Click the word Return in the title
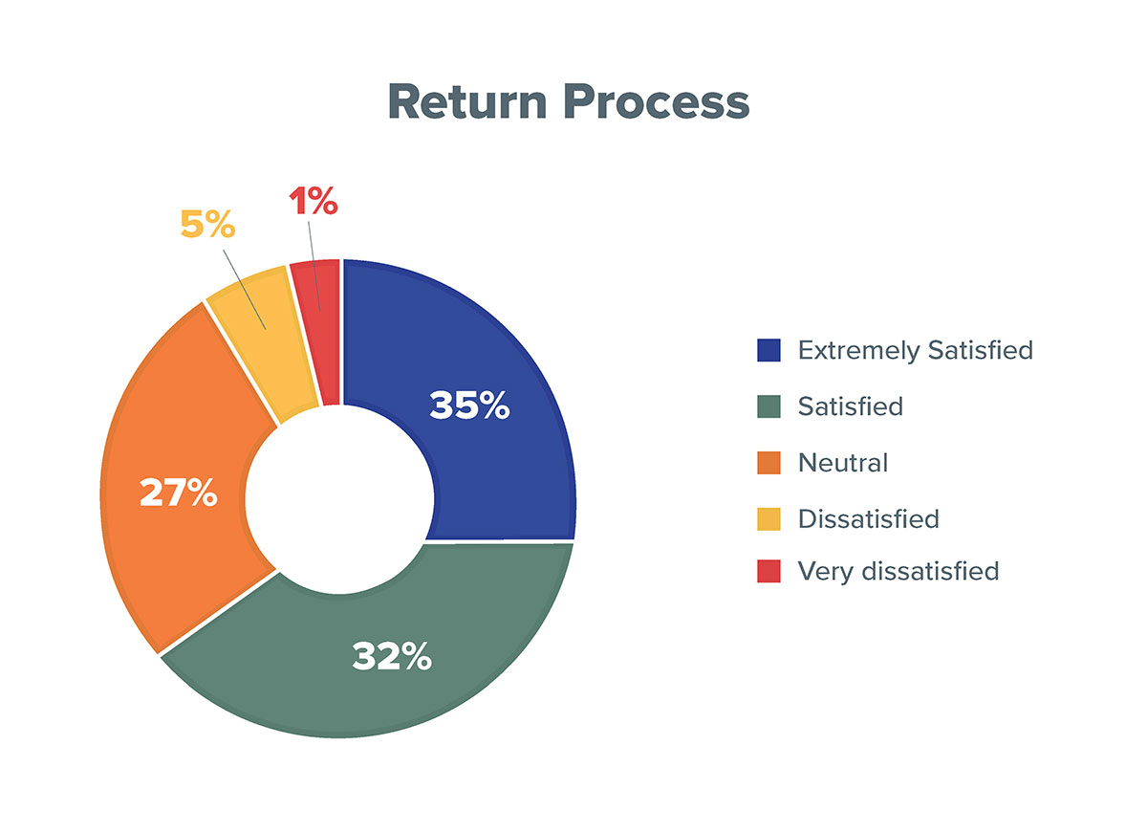coord(467,101)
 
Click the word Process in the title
coord(657,101)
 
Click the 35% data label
coord(469,406)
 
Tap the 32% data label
coord(392,656)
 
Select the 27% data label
coord(179,493)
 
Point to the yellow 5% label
coord(208,224)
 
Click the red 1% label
coord(314,200)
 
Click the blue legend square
coord(768,350)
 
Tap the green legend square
coord(768,406)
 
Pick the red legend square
coord(768,571)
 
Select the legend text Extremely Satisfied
coord(916,350)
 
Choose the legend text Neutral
coord(843,463)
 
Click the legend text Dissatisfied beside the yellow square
coord(869,519)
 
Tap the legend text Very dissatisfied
coord(898,572)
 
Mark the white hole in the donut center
coord(339,499)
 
